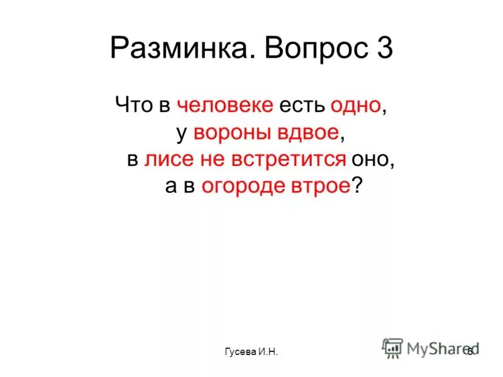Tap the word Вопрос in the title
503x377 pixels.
301,49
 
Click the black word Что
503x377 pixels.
133,104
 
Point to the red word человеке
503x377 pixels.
225,104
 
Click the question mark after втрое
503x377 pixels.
358,185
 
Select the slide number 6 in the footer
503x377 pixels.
469,351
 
